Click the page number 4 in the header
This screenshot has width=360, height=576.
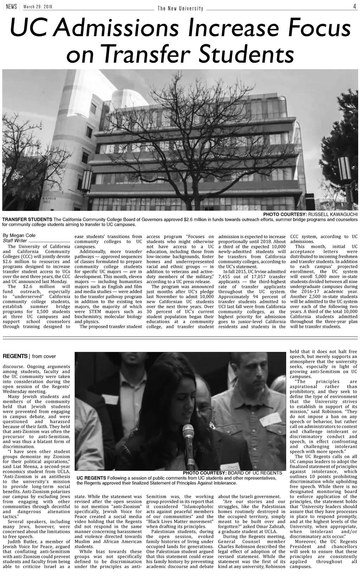(x=355, y=6)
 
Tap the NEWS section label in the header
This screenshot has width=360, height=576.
(x=11, y=7)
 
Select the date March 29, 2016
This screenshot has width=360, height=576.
(x=38, y=7)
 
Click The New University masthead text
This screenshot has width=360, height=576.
(x=180, y=8)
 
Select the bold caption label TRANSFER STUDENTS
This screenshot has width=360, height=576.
(x=27, y=219)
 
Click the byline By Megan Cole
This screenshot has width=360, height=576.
(x=19, y=235)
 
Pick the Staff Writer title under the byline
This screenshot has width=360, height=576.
(x=15, y=241)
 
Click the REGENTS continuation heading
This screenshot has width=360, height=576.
(x=15, y=356)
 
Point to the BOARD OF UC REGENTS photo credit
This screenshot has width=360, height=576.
(x=255, y=473)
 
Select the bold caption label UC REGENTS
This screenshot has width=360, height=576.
(x=91, y=478)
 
